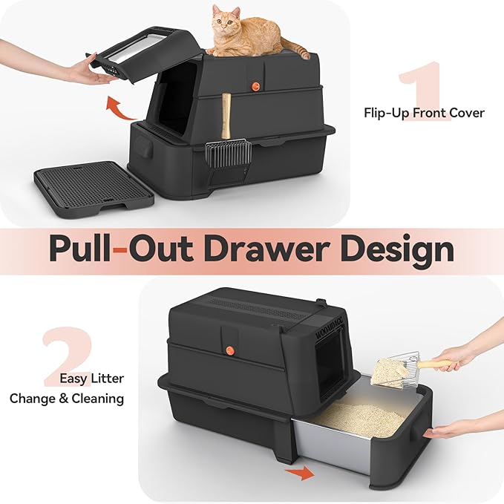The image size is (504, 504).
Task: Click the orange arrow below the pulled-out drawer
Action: click(300, 473)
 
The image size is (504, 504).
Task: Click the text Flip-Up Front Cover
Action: click(424, 113)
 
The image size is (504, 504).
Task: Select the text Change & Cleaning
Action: click(67, 399)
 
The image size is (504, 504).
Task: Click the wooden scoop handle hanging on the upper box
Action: click(226, 116)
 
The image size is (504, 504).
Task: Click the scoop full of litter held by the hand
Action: click(391, 369)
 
